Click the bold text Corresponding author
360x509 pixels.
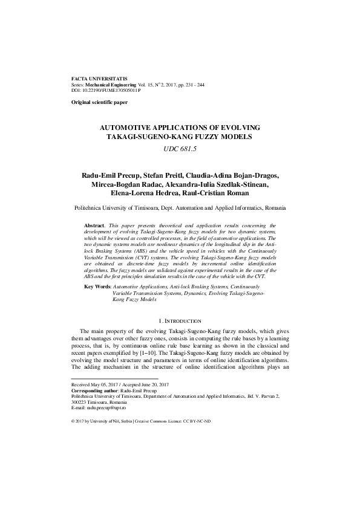click(x=96, y=391)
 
